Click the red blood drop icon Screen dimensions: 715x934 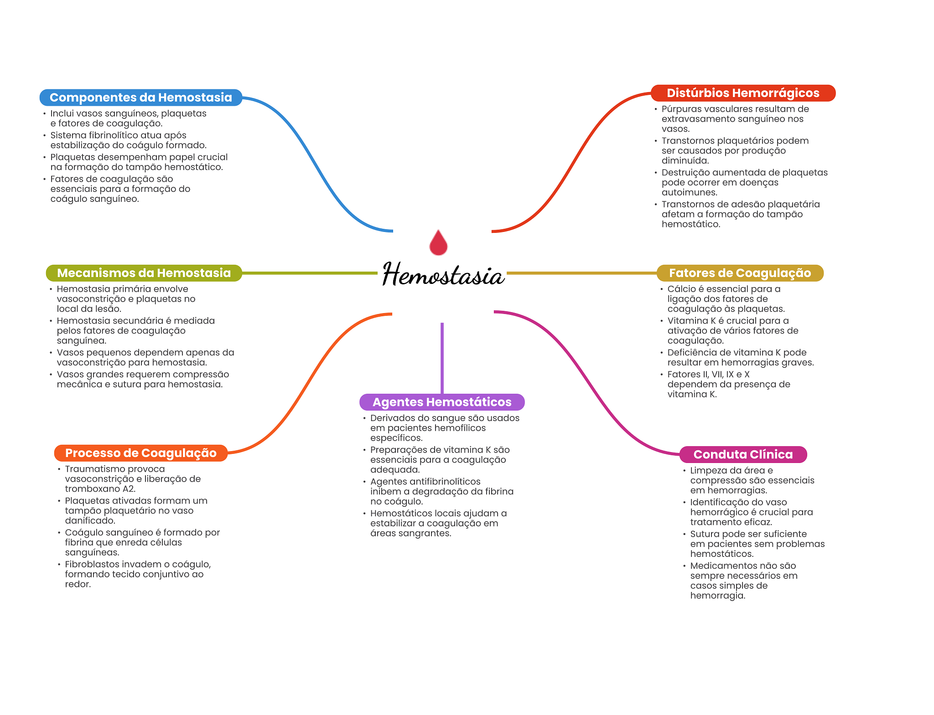(x=438, y=243)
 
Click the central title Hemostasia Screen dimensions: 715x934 (x=443, y=275)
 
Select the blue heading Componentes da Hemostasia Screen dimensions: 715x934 (x=140, y=98)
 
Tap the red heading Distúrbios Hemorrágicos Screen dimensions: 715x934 (x=742, y=93)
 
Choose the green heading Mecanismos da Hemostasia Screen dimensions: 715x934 (x=144, y=273)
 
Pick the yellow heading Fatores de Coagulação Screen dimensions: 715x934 (x=739, y=273)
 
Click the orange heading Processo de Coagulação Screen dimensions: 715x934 (x=140, y=453)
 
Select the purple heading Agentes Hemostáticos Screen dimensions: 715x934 (x=441, y=402)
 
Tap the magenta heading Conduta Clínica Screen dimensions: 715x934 (x=742, y=454)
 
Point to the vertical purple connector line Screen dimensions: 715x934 (x=442, y=358)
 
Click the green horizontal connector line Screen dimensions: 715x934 (x=310, y=273)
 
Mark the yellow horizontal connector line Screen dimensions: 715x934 (x=581, y=273)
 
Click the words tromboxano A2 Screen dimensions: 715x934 (x=100, y=489)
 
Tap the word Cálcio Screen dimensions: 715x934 (x=681, y=289)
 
